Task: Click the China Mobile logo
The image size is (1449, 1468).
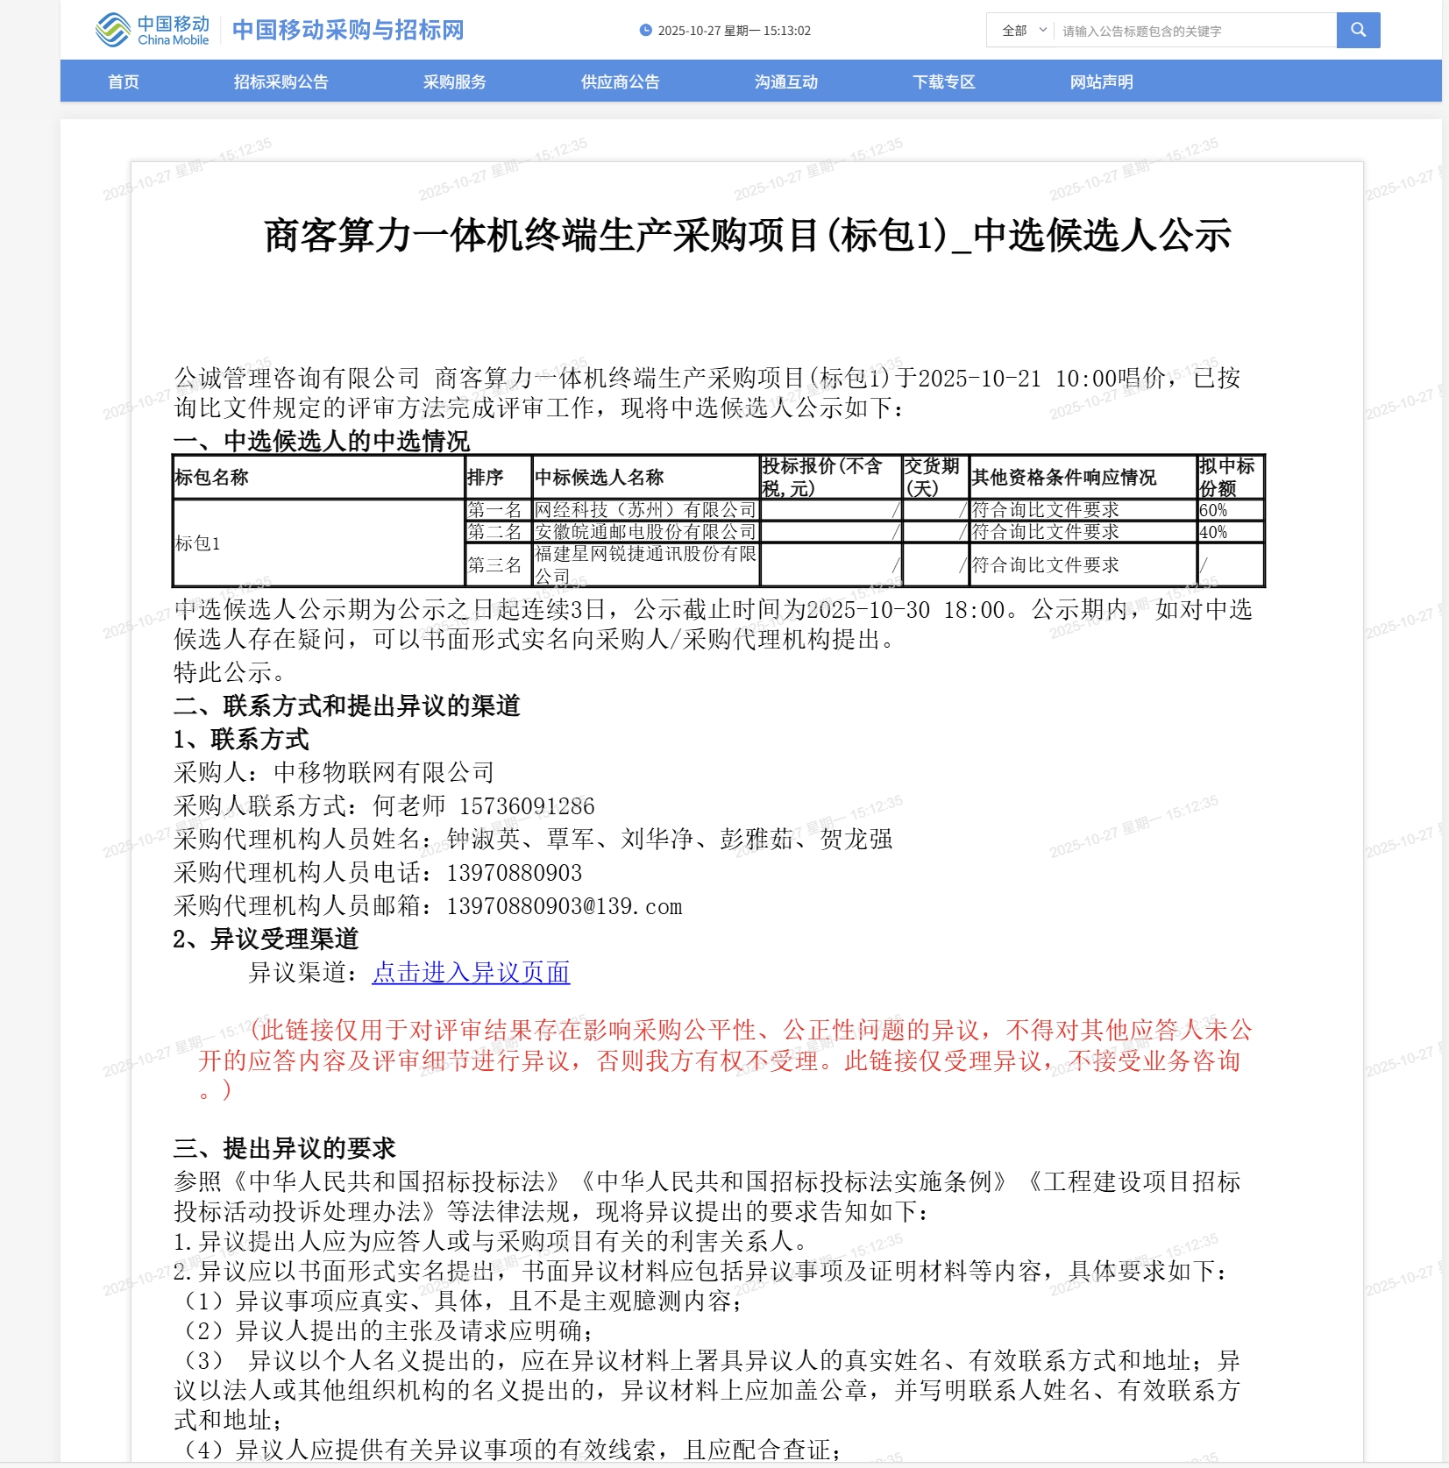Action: pyautogui.click(x=152, y=30)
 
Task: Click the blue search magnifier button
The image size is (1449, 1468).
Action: pyautogui.click(x=1358, y=30)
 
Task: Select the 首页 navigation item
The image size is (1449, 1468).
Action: pyautogui.click(x=124, y=82)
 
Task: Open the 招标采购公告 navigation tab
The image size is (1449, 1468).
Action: pyautogui.click(x=281, y=82)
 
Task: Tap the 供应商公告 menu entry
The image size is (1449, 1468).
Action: pyautogui.click(x=620, y=82)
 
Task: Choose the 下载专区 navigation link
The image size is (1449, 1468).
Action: pyautogui.click(x=943, y=82)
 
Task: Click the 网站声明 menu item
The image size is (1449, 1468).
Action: pyautogui.click(x=1101, y=82)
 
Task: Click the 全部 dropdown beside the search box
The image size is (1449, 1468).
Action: pyautogui.click(x=1023, y=31)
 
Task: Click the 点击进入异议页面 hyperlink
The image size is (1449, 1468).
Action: pyautogui.click(x=471, y=973)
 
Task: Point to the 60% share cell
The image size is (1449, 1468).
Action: pyautogui.click(x=1230, y=510)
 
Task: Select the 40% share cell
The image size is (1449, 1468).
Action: pyautogui.click(x=1230, y=532)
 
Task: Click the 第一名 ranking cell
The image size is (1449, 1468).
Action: pyautogui.click(x=495, y=510)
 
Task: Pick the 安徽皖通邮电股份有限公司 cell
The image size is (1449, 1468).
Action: pyautogui.click(x=645, y=532)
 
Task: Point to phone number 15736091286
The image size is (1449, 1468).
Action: pyautogui.click(x=527, y=806)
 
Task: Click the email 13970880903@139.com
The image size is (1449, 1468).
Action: pyautogui.click(x=564, y=906)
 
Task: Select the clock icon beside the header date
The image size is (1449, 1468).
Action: pyautogui.click(x=646, y=31)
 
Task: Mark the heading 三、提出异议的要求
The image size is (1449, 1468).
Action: pyautogui.click(x=285, y=1148)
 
